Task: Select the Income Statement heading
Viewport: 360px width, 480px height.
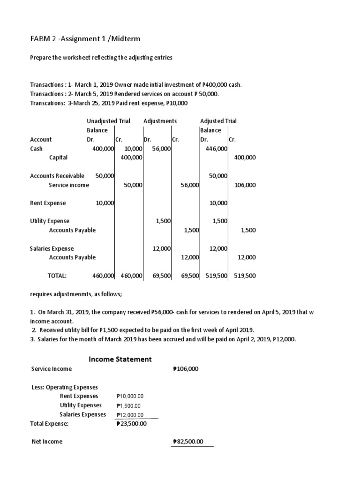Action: pos(120,359)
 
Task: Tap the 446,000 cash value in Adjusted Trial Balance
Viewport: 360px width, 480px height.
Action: pos(217,149)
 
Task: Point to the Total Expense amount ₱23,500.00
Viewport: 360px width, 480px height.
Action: pos(131,424)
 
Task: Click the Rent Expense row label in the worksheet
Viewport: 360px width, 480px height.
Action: pos(48,203)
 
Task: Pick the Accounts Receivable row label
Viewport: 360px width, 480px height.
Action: pos(57,176)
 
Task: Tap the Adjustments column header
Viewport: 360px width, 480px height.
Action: pos(160,121)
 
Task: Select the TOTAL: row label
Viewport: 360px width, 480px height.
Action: pos(58,276)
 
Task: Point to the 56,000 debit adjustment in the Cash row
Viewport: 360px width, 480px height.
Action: pos(161,149)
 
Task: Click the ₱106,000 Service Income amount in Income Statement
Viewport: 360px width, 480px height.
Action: pos(186,369)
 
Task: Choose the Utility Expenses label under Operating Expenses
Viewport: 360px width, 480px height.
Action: pos(81,405)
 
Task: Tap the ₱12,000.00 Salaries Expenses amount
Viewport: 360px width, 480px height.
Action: pos(130,415)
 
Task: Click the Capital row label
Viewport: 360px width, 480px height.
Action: pos(58,157)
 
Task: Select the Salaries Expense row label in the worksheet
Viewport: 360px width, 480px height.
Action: pos(52,248)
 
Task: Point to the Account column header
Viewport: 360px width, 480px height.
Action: pos(41,139)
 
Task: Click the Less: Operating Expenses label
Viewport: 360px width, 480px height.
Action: pos(64,387)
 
